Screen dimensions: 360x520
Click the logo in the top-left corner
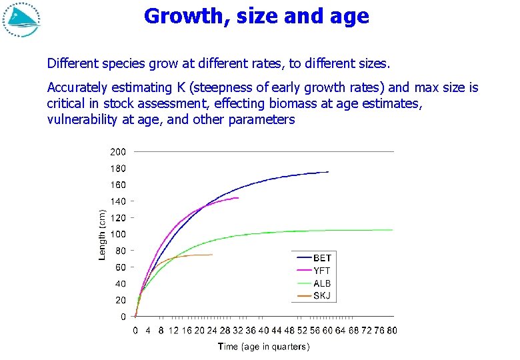pyautogui.click(x=21, y=19)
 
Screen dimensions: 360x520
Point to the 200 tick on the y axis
pyautogui.click(x=117, y=151)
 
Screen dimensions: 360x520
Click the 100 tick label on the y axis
pyautogui.click(x=117, y=234)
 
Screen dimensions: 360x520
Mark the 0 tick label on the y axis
pyautogui.click(x=123, y=317)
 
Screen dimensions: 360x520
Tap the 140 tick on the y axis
pyautogui.click(x=117, y=201)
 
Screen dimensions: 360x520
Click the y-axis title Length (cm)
pyautogui.click(x=103, y=234)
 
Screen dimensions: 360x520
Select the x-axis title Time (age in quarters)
pyautogui.click(x=263, y=347)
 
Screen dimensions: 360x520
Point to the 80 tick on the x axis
pyautogui.click(x=391, y=329)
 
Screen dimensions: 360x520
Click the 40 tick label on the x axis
pyautogui.click(x=263, y=329)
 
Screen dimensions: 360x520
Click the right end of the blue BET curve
pyautogui.click(x=329, y=172)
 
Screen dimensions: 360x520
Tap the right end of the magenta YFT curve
pyautogui.click(x=238, y=198)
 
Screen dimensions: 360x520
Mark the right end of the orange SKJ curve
pyautogui.click(x=213, y=255)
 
